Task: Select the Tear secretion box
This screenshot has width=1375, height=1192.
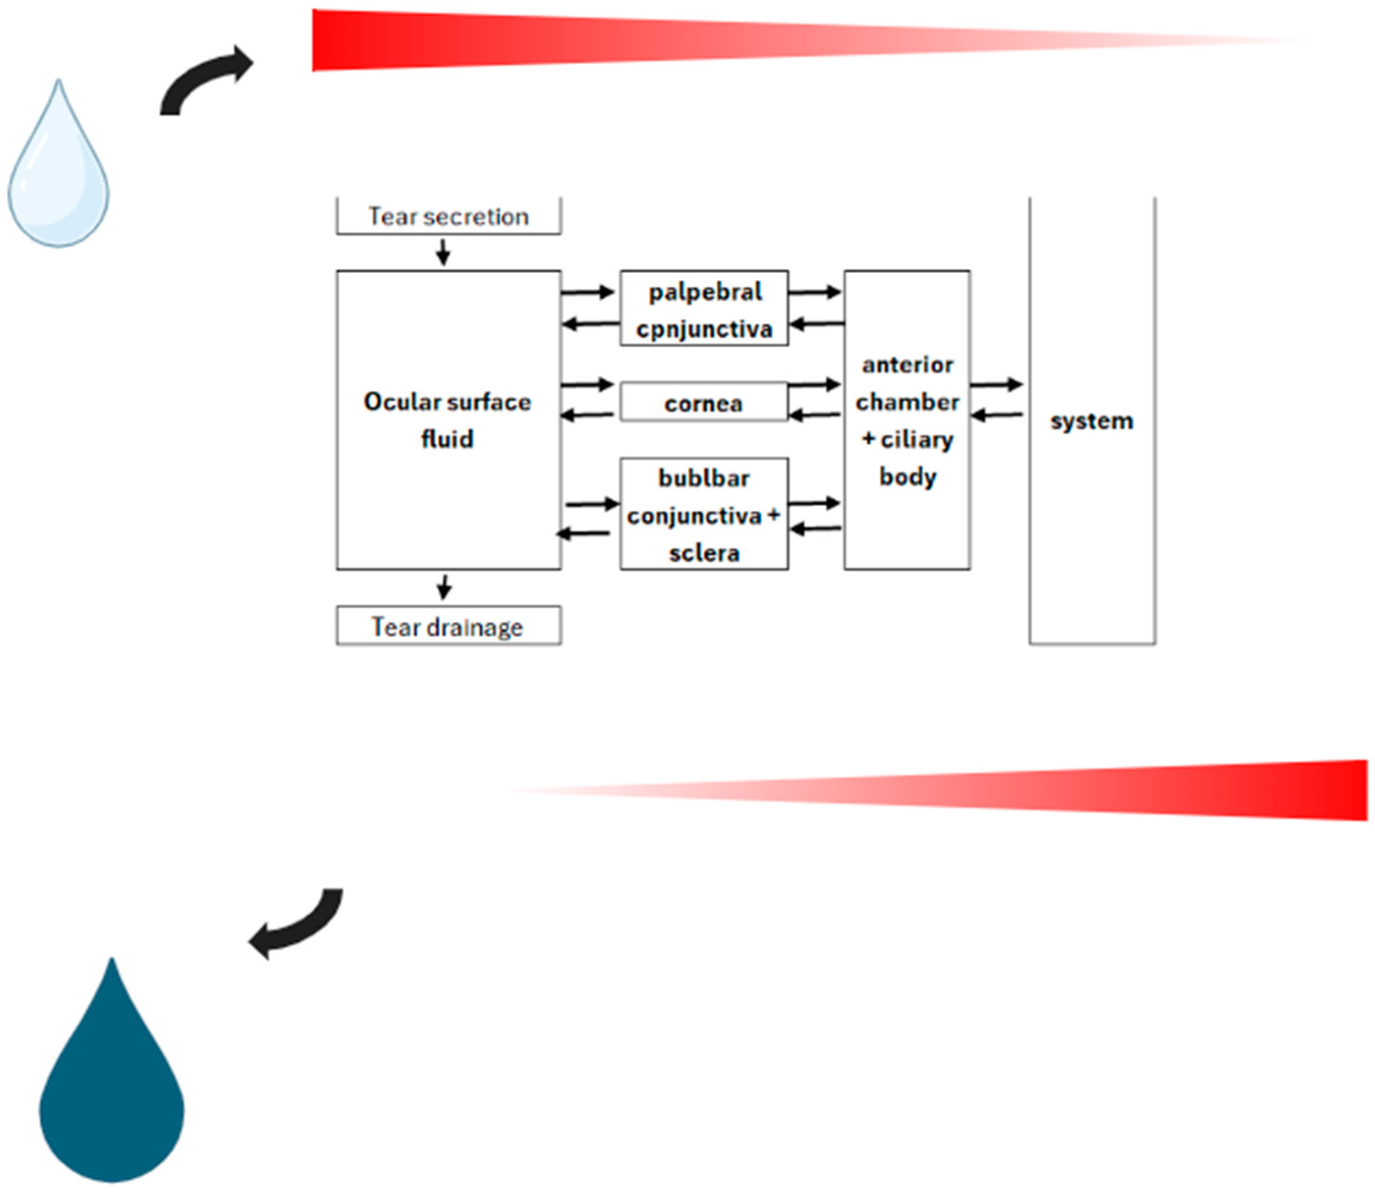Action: [x=449, y=217]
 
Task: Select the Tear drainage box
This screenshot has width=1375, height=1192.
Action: [x=449, y=626]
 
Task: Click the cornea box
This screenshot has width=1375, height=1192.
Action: [x=703, y=402]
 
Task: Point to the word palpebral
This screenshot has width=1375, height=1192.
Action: [x=705, y=292]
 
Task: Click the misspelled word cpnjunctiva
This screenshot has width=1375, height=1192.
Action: [x=704, y=329]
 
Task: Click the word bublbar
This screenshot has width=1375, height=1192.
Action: [x=703, y=478]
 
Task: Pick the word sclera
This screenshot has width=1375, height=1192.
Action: [x=703, y=553]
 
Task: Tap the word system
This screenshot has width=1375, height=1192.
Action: [x=1091, y=420]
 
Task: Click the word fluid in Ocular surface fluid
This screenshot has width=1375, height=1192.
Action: [x=447, y=439]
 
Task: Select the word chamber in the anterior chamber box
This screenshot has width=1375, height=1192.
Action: [x=907, y=402]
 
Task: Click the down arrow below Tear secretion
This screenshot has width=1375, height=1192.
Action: [x=443, y=253]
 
